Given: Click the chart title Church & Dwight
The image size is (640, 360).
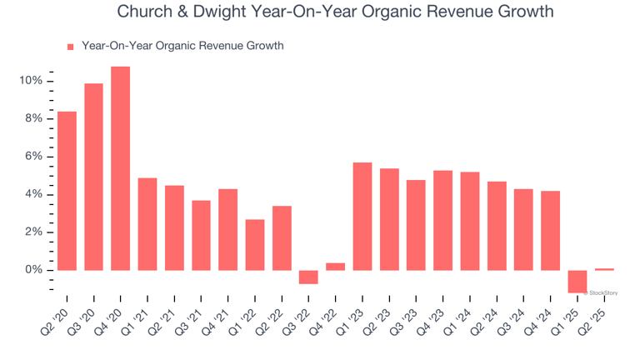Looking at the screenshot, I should tap(335, 12).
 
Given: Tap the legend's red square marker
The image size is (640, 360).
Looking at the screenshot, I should tap(71, 47).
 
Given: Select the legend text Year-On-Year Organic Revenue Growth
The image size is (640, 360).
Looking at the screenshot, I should tap(182, 46).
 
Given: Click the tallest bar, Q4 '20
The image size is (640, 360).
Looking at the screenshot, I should tap(121, 168).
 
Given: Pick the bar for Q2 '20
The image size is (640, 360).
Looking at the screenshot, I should tap(67, 191).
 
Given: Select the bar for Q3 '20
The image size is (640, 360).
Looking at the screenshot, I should tap(94, 177).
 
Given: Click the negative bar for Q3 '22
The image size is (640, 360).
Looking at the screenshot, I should tap(308, 277).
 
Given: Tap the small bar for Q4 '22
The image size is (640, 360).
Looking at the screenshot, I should tap(336, 267).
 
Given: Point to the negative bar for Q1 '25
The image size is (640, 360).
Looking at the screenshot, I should tap(577, 282).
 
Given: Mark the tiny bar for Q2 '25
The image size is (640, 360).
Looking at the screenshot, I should tap(604, 269).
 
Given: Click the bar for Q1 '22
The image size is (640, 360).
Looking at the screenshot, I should tap(255, 245).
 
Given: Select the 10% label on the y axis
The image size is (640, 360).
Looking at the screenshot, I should tap(31, 81).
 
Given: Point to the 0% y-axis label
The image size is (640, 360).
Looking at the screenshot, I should tap(33, 270).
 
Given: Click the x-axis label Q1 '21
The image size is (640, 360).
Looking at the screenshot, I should tap(141, 320).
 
